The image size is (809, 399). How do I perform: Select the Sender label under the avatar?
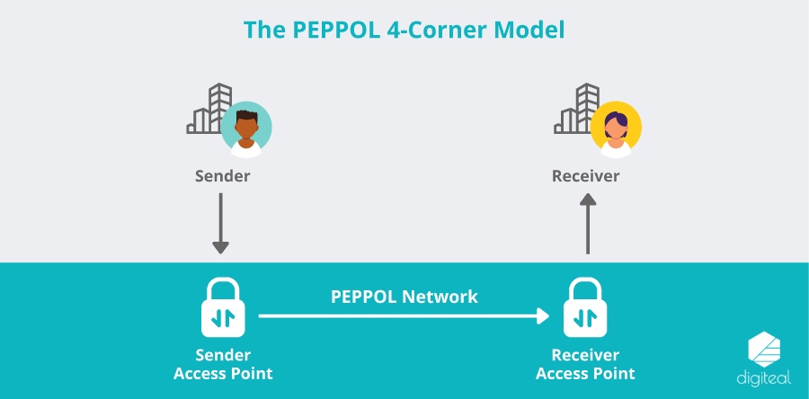click(222, 176)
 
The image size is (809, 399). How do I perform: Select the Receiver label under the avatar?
click(585, 176)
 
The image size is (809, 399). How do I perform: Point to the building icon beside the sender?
click(206, 110)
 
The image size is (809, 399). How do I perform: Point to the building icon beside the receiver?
click(574, 110)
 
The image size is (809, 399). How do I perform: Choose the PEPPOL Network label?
click(404, 296)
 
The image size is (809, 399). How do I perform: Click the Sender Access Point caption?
click(223, 364)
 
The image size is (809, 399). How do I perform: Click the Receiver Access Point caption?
click(585, 364)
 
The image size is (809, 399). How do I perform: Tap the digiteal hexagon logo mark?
click(765, 349)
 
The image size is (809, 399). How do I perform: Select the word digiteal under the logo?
click(764, 379)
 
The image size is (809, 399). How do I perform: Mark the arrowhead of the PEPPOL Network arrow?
click(542, 315)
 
